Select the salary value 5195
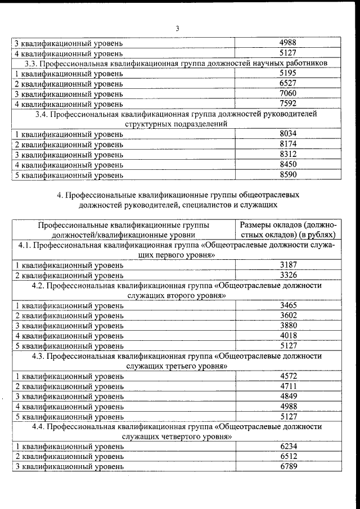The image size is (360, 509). (x=287, y=74)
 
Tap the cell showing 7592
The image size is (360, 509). (x=287, y=103)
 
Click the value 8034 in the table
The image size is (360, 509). (x=287, y=134)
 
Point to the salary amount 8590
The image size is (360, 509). (x=287, y=174)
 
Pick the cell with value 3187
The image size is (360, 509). (x=287, y=265)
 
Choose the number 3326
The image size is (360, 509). (x=287, y=275)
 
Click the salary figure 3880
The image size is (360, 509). (x=287, y=326)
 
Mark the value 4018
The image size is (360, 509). (x=287, y=336)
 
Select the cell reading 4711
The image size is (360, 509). (x=287, y=386)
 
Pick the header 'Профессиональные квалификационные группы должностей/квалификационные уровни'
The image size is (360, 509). (x=123, y=229)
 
